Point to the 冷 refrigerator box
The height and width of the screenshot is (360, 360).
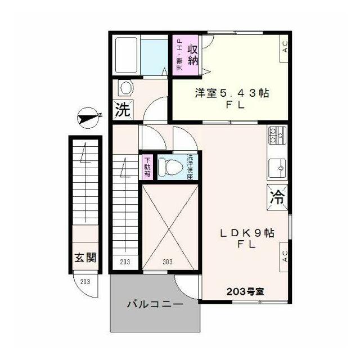coord(277,197)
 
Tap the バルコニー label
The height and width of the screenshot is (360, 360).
coord(154,305)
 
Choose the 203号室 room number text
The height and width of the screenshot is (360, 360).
coord(245,291)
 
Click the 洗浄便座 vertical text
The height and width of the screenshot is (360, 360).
coord(190,166)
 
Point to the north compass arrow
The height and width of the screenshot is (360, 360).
coord(89,117)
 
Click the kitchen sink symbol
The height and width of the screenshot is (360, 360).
coord(277,167)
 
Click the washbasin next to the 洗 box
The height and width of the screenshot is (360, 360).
coord(125,88)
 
